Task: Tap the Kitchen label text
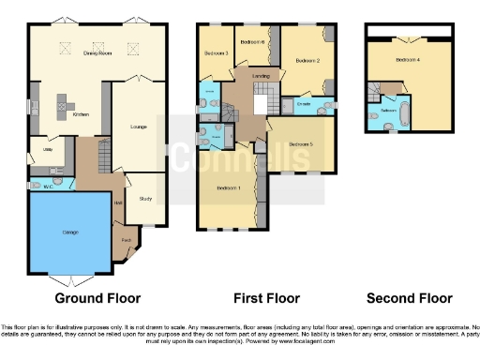(x=82, y=115)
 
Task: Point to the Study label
(x=144, y=198)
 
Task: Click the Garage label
(x=70, y=232)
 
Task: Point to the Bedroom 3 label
(x=217, y=53)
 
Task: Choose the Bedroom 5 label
(x=300, y=143)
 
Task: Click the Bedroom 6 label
(x=252, y=42)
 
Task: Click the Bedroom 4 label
(x=407, y=60)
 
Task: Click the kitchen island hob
(x=65, y=100)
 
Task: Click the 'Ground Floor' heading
(x=97, y=298)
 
